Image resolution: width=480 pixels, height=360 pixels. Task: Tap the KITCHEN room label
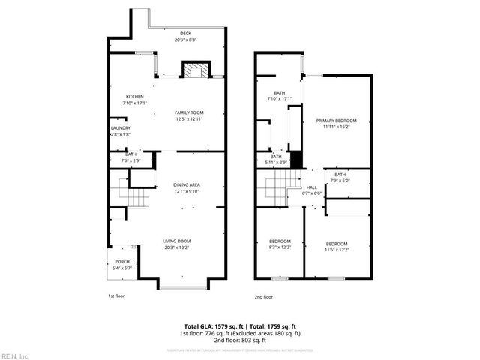click(x=134, y=97)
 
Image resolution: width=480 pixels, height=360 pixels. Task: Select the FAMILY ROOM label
click(x=188, y=112)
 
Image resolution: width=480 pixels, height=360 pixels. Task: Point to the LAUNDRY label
click(x=120, y=128)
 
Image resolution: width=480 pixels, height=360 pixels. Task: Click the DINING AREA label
click(x=187, y=184)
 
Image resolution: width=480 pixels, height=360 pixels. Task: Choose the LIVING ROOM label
click(x=177, y=241)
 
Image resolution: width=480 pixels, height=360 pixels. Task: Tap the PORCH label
click(x=121, y=262)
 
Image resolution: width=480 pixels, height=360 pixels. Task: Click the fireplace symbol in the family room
click(x=195, y=71)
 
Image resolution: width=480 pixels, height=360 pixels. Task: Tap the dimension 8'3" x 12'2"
click(x=280, y=247)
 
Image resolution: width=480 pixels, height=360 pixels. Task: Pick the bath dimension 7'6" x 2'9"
click(x=130, y=160)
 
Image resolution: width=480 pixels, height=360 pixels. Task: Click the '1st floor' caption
click(x=116, y=296)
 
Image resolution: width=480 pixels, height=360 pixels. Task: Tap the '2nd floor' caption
click(x=264, y=297)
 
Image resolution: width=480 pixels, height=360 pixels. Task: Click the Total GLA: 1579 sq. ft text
click(x=213, y=327)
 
